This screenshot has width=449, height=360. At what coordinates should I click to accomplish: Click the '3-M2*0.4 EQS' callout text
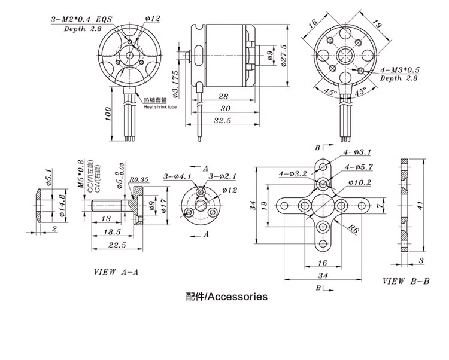coord(81,20)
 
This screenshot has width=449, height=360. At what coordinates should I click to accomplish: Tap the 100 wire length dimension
coord(107,114)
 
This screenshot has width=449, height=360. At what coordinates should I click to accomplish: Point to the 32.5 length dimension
coord(222,120)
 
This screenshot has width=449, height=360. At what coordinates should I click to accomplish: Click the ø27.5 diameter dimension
coord(284,55)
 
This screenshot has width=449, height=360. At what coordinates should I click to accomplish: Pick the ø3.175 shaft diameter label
coord(175,84)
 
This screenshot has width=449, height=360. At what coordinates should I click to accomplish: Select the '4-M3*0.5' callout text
coord(400,70)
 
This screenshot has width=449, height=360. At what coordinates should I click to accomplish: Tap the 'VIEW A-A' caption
coord(116,272)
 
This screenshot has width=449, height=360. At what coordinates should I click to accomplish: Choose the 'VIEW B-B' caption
coord(406,281)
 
